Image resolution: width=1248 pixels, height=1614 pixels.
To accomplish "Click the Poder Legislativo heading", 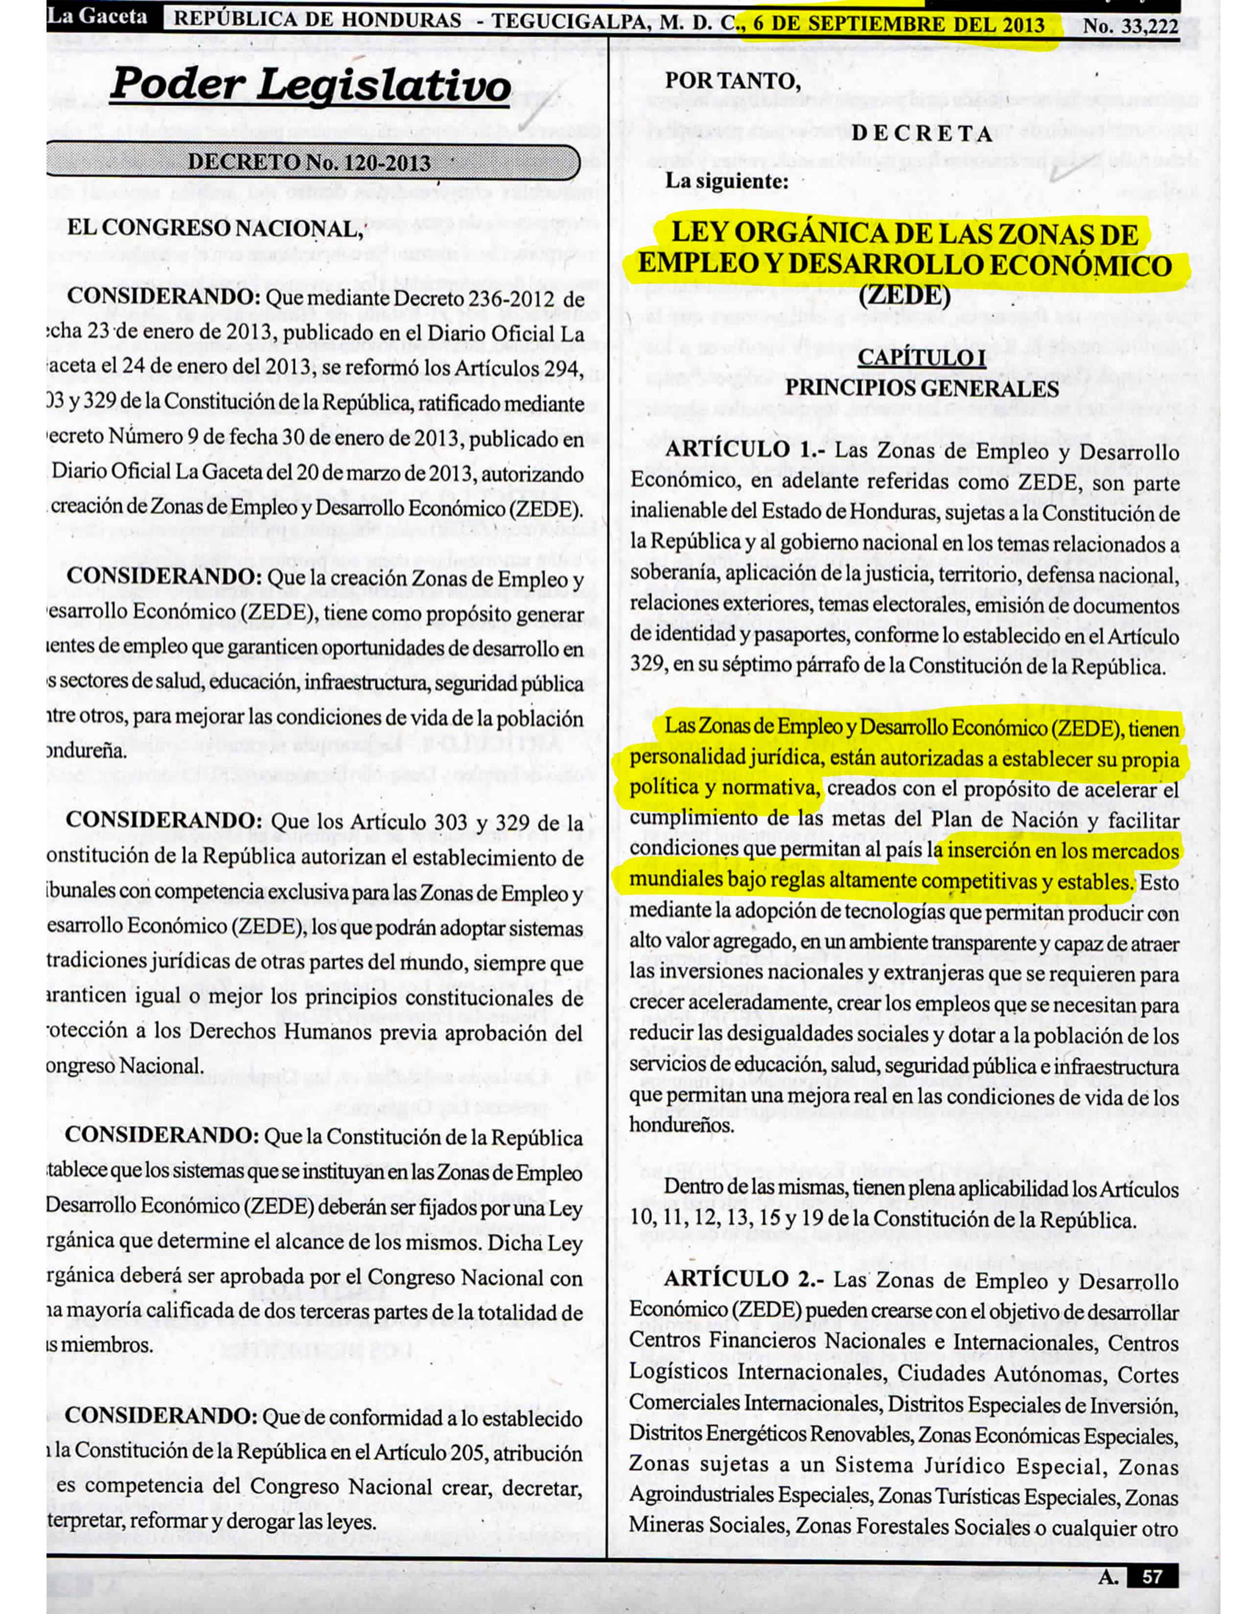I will (x=310, y=86).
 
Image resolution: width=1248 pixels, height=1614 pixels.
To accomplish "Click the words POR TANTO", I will (x=733, y=80).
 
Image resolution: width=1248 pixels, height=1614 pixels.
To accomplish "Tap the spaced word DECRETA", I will (x=921, y=134).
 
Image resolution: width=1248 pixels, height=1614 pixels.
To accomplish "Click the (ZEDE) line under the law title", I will (x=904, y=295).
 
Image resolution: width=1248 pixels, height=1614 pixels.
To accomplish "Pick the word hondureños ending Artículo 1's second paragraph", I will (x=682, y=1125).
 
